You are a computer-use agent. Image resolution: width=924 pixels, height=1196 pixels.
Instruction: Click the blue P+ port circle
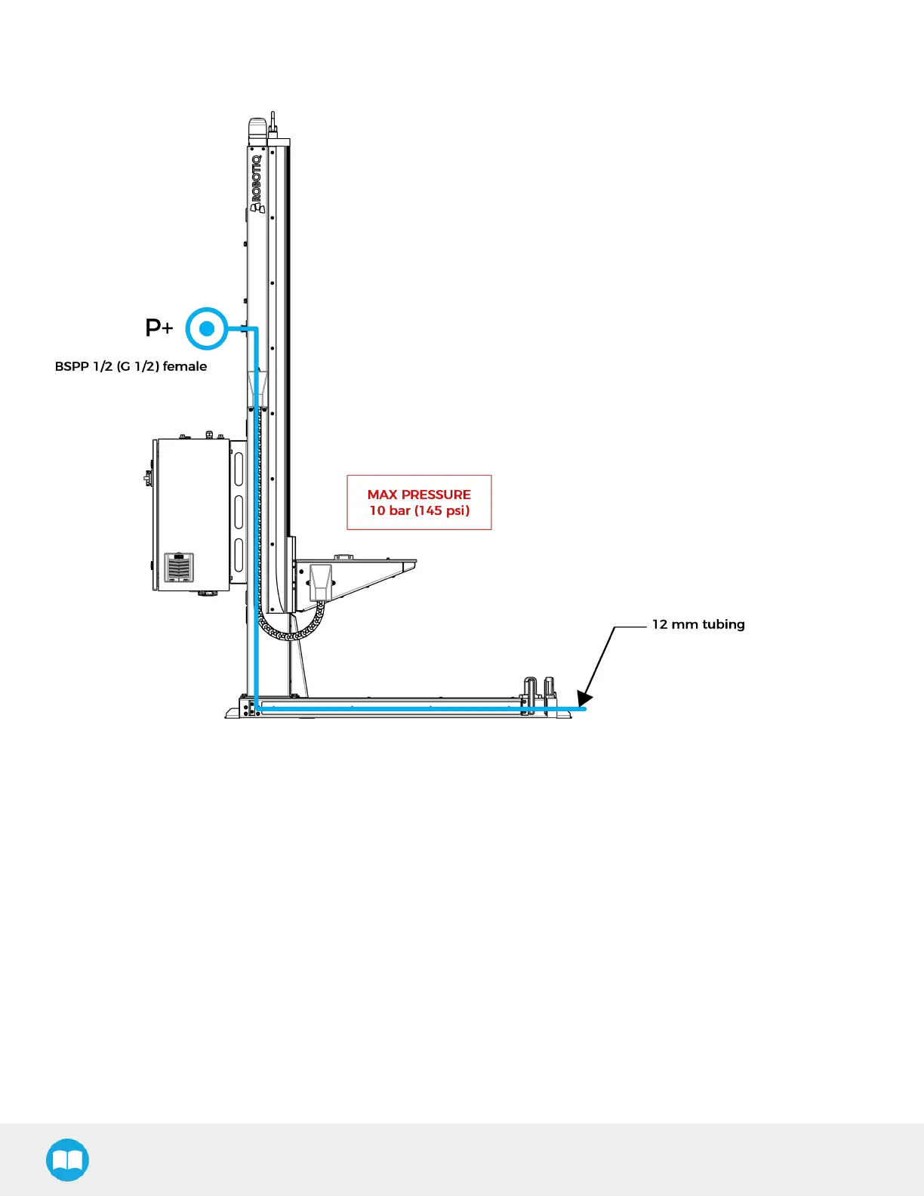[x=206, y=328]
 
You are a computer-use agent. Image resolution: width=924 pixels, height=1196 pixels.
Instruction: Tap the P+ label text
[x=159, y=328]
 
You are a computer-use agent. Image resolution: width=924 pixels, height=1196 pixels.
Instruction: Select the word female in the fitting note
[x=185, y=366]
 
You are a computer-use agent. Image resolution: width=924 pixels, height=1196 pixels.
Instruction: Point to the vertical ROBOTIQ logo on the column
[x=257, y=183]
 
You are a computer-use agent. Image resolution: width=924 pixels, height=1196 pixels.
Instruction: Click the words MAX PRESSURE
[x=419, y=495]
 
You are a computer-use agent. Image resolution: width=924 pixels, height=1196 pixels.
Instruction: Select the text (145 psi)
[x=442, y=510]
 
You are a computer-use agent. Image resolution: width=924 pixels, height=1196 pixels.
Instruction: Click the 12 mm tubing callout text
[x=698, y=624]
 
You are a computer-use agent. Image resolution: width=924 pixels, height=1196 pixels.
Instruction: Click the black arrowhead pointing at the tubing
[x=584, y=699]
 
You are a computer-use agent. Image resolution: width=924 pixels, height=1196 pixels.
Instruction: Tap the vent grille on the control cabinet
[x=179, y=568]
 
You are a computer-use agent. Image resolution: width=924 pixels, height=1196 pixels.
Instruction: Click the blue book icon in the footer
[x=67, y=1160]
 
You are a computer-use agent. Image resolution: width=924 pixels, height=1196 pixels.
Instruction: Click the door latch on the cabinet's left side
[x=148, y=477]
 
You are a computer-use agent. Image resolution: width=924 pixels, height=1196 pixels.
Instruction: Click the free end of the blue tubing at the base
[x=583, y=709]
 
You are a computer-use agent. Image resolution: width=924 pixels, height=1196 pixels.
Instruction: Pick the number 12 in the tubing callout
[x=660, y=624]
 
